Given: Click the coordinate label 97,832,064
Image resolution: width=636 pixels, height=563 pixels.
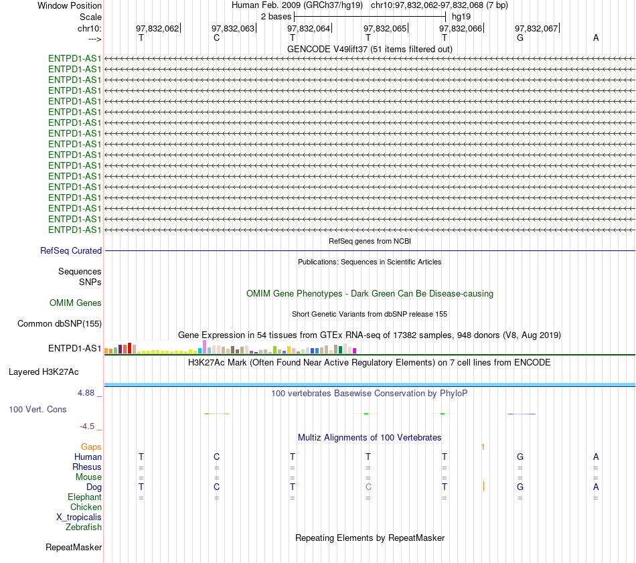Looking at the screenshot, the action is click(x=309, y=28).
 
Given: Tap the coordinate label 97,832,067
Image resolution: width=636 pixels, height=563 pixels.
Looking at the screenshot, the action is click(x=536, y=28).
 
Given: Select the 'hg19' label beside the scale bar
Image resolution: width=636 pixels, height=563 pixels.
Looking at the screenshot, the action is click(x=461, y=17).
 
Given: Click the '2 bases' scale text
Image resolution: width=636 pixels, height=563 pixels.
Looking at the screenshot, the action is click(x=276, y=17).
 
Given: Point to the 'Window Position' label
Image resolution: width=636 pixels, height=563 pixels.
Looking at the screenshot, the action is click(x=70, y=5).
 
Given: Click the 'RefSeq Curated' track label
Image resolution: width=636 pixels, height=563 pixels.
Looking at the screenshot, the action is click(x=71, y=250).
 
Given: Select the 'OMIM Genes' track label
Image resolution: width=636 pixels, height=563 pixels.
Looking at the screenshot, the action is click(x=76, y=303).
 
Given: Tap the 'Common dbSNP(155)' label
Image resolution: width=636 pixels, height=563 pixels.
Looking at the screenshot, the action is click(x=60, y=324).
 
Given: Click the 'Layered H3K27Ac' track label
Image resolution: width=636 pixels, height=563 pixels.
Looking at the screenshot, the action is click(x=44, y=372).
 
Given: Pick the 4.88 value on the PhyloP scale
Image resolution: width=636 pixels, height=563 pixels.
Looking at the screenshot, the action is click(x=86, y=393).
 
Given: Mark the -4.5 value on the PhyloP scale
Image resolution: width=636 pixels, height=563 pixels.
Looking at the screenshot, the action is click(x=87, y=426).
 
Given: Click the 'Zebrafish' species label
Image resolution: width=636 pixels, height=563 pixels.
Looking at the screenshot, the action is click(x=84, y=528).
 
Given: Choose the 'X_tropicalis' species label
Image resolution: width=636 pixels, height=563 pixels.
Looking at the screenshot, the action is click(x=79, y=517).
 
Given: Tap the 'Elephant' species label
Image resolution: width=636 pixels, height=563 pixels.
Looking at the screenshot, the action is click(x=85, y=497).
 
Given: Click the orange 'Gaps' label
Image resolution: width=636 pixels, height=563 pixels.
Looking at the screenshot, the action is click(x=91, y=447).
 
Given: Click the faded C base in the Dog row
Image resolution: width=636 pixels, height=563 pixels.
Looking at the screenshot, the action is click(x=368, y=487).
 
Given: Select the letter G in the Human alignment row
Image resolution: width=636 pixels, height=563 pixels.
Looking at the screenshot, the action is click(x=520, y=457).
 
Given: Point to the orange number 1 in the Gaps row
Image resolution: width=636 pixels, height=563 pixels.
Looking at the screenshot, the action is click(x=483, y=447).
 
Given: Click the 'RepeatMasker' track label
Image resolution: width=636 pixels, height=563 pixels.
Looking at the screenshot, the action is click(x=74, y=547).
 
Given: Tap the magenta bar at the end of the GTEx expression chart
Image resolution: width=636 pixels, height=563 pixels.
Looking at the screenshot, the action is click(x=355, y=351).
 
